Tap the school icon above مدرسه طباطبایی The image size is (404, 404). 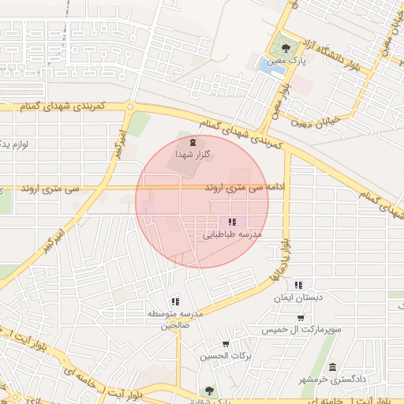coord(231,223)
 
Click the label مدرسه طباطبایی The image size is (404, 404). coord(232,235)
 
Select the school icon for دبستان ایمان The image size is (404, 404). coord(297,285)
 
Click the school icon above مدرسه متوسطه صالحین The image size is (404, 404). coord(174,301)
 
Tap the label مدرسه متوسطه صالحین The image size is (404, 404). coord(174,320)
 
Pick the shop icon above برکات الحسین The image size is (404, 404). coord(226,344)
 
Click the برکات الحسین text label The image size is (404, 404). coord(226,357)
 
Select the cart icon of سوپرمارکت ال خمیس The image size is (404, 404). coord(301,317)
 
